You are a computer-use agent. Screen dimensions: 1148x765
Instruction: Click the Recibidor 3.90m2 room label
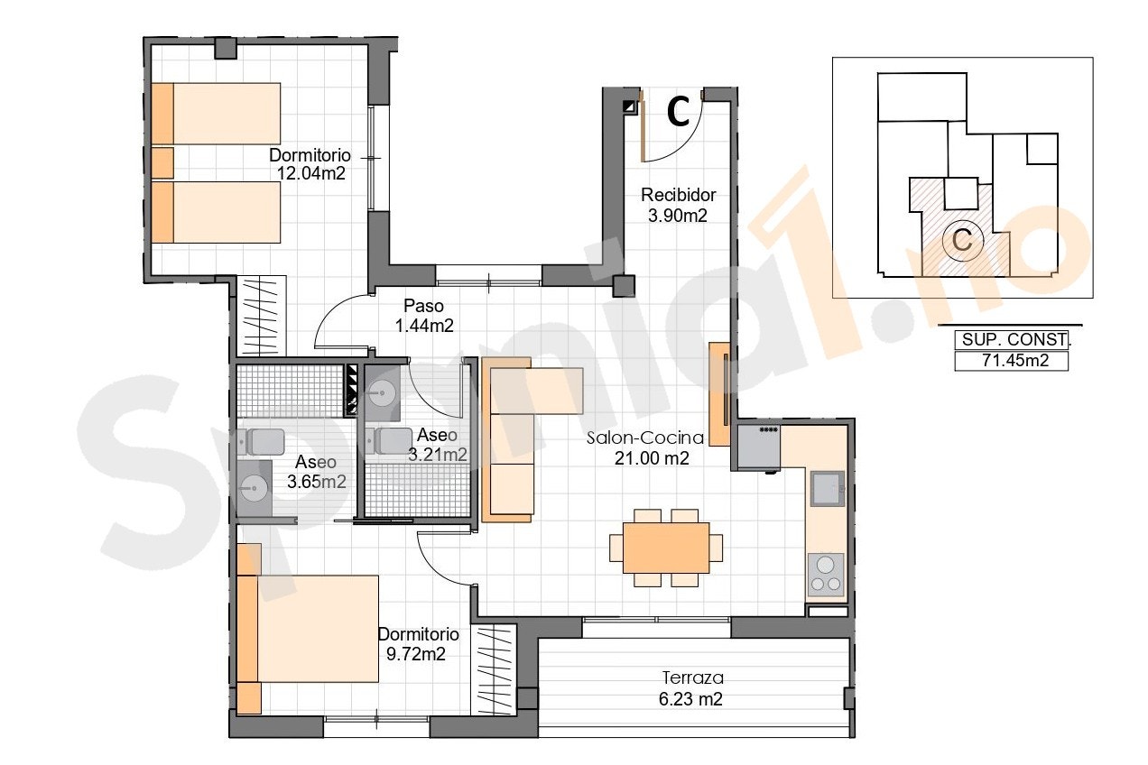click(678, 205)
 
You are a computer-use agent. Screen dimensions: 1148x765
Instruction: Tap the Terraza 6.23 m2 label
click(692, 688)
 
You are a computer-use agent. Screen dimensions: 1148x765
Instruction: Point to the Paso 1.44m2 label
click(424, 316)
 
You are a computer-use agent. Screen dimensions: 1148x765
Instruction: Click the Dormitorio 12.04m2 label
click(310, 164)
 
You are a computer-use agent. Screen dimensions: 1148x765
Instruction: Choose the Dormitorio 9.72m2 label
click(418, 644)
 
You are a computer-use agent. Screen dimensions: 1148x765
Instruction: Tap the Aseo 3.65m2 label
click(316, 472)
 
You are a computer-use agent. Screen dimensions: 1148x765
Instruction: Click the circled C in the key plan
click(962, 240)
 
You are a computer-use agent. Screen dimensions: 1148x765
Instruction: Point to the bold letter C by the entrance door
click(679, 113)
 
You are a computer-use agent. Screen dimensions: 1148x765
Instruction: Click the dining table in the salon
click(666, 548)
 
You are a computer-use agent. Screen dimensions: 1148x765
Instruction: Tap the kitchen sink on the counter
click(828, 489)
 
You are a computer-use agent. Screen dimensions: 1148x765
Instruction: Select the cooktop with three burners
click(826, 574)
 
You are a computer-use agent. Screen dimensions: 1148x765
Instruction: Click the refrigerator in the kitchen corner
click(759, 447)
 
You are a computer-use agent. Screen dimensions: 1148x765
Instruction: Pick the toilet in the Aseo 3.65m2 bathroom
click(261, 442)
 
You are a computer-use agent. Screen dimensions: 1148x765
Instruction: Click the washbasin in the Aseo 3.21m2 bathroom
click(382, 393)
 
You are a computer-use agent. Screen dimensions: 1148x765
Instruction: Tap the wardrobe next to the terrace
click(494, 669)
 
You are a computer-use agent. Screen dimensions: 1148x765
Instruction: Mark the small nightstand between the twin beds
click(162, 163)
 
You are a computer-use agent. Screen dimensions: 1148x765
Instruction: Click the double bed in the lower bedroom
click(308, 629)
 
